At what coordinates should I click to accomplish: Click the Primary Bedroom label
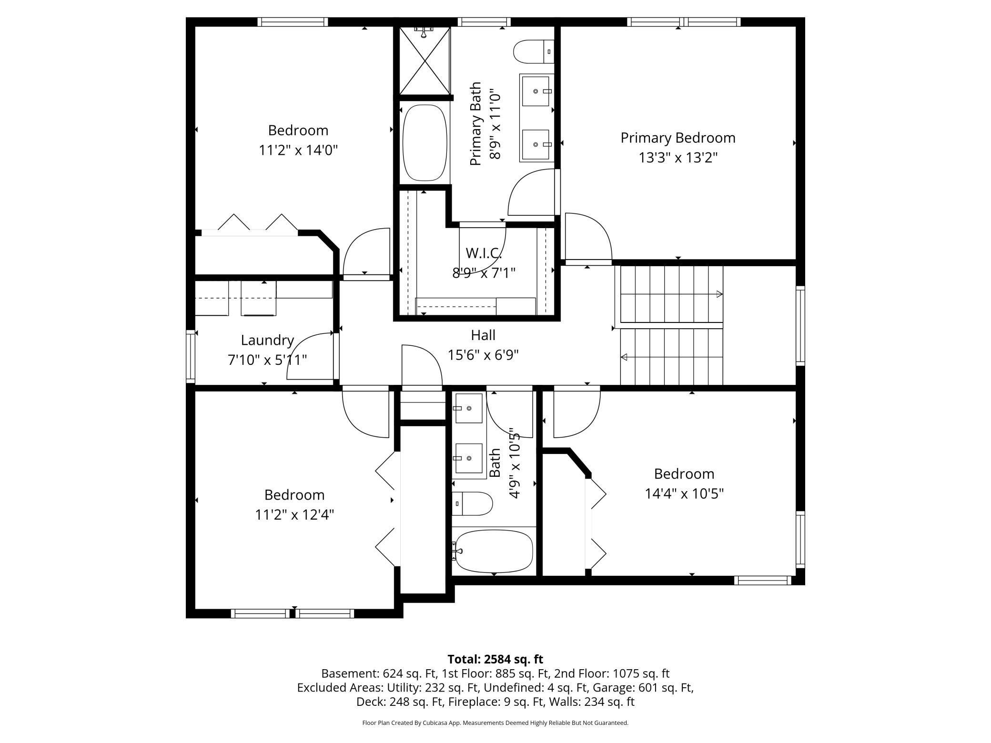[678, 138]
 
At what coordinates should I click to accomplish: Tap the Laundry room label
[267, 340]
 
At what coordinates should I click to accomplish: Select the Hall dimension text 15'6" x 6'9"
[483, 355]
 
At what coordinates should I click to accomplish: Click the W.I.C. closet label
[484, 252]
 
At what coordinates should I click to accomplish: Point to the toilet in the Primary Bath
[534, 51]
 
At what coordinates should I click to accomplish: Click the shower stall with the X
[425, 60]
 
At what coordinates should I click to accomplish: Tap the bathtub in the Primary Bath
[425, 142]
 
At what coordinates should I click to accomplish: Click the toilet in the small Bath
[472, 504]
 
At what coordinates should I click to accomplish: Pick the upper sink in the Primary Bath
[537, 91]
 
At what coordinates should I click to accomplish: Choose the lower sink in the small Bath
[469, 458]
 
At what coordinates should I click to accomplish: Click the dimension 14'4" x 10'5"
[684, 494]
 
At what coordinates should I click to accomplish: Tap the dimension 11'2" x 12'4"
[294, 515]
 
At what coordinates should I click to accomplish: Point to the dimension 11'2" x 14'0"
[298, 151]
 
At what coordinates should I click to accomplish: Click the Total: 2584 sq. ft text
[495, 659]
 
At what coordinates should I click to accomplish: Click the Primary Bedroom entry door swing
[588, 238]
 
